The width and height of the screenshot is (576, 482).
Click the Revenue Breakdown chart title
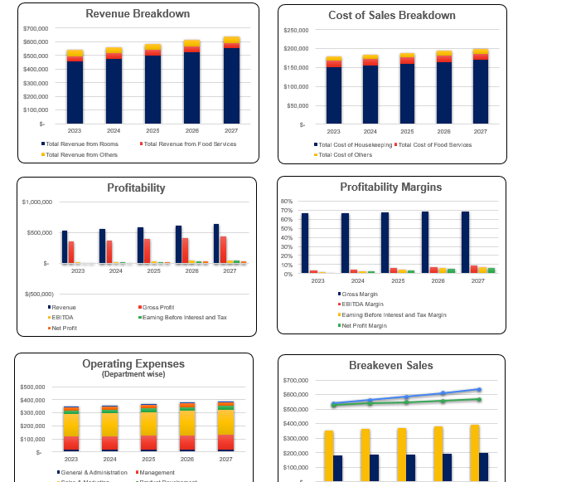(138, 14)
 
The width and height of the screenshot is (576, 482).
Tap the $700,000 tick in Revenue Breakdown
(36, 28)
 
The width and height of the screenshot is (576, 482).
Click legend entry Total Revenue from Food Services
(190, 144)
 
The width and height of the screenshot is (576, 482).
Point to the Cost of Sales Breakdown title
(391, 16)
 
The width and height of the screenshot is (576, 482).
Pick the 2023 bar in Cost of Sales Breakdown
(334, 93)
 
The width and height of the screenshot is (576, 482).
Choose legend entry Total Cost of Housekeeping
(355, 145)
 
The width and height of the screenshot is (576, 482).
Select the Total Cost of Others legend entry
(345, 155)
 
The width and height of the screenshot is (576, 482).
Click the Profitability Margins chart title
(390, 187)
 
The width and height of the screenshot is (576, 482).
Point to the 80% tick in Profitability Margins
(287, 202)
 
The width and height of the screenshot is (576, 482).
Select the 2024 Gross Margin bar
(345, 242)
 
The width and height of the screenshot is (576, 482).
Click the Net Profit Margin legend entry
(365, 326)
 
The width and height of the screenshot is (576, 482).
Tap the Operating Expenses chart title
(133, 363)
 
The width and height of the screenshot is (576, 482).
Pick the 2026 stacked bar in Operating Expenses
(187, 426)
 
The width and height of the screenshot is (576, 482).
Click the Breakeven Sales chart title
(390, 366)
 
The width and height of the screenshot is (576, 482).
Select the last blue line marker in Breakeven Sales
(479, 389)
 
